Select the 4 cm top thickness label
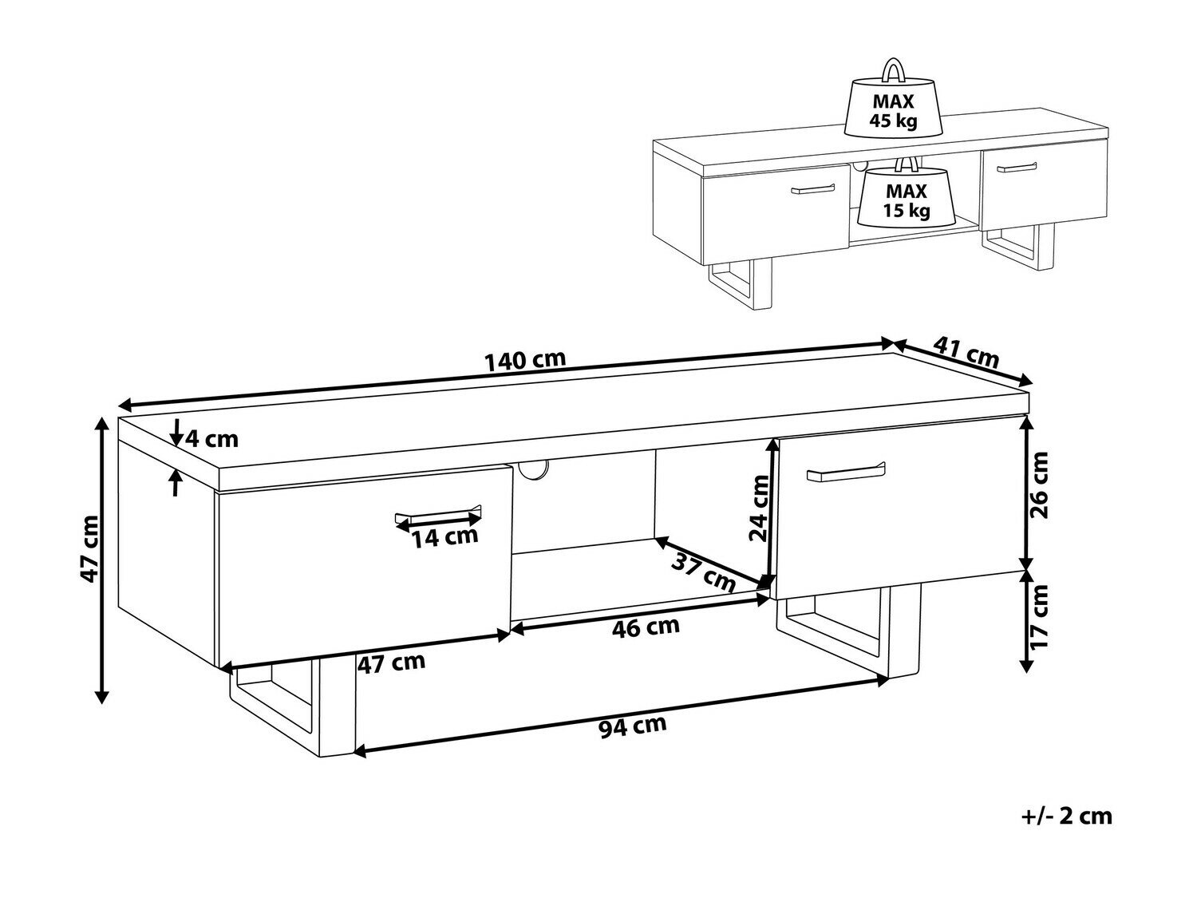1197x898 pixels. coord(211,439)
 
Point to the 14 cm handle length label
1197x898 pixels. coord(444,537)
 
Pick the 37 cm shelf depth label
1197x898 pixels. coord(703,573)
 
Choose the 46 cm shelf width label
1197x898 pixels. coord(646,627)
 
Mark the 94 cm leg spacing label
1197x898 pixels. coord(633,726)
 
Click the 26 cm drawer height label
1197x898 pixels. coord(1037,485)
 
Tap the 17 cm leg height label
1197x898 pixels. coord(1037,616)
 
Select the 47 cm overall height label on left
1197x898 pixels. coord(89,548)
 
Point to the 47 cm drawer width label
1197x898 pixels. coord(391,663)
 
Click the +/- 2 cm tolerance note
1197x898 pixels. coord(1065,831)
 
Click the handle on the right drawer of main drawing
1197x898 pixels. coord(846,472)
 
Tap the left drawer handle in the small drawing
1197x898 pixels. coord(813,188)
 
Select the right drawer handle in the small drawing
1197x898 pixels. coord(1017,168)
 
